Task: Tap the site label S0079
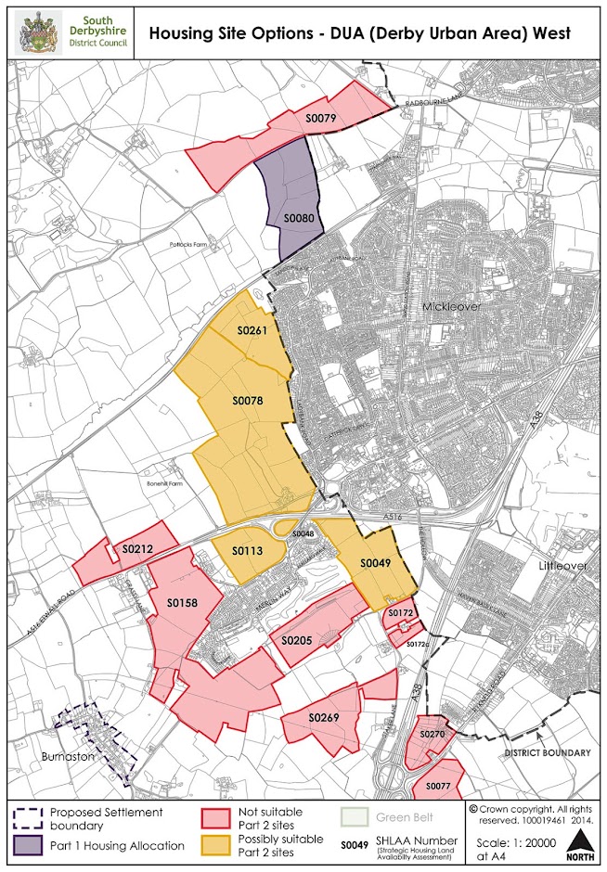320,118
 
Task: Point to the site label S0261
252,331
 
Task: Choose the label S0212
137,549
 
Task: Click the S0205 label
297,640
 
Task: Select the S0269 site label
325,719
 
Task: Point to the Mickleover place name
451,305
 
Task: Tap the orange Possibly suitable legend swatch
214,845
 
